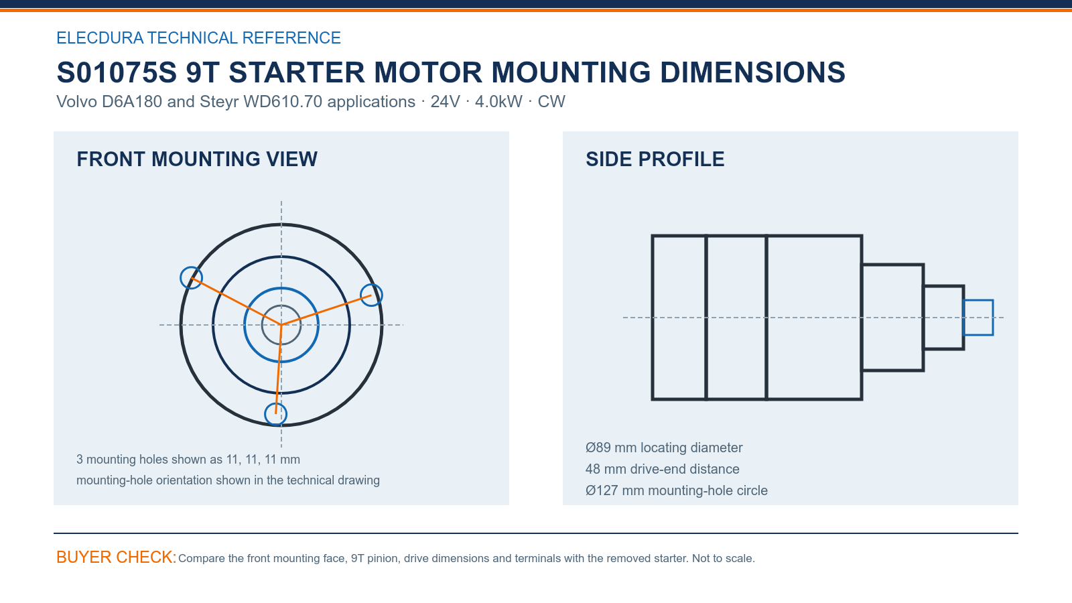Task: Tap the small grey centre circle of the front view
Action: [281, 305]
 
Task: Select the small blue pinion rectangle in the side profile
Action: [978, 301]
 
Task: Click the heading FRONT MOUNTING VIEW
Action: [197, 159]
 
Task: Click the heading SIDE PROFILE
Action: [655, 159]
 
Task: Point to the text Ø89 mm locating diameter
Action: [664, 448]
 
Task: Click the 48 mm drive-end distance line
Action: [662, 469]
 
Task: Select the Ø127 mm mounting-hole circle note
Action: [676, 490]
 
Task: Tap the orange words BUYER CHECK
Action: [117, 557]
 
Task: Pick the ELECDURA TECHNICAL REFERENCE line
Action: [198, 38]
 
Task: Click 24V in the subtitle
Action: [445, 101]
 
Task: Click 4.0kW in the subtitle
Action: [498, 101]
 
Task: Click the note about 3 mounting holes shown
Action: [188, 460]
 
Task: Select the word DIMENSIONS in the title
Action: [752, 72]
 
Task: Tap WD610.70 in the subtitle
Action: [282, 101]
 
